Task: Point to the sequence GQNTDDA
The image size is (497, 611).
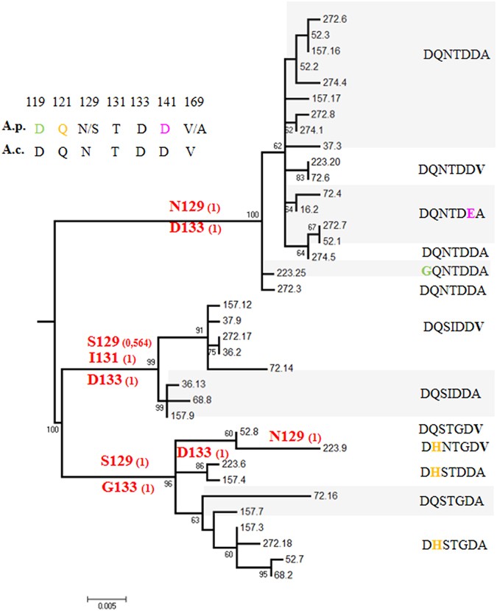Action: (x=453, y=271)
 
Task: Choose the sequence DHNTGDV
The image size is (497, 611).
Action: (x=453, y=445)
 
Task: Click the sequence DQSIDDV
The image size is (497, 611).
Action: (x=453, y=326)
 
